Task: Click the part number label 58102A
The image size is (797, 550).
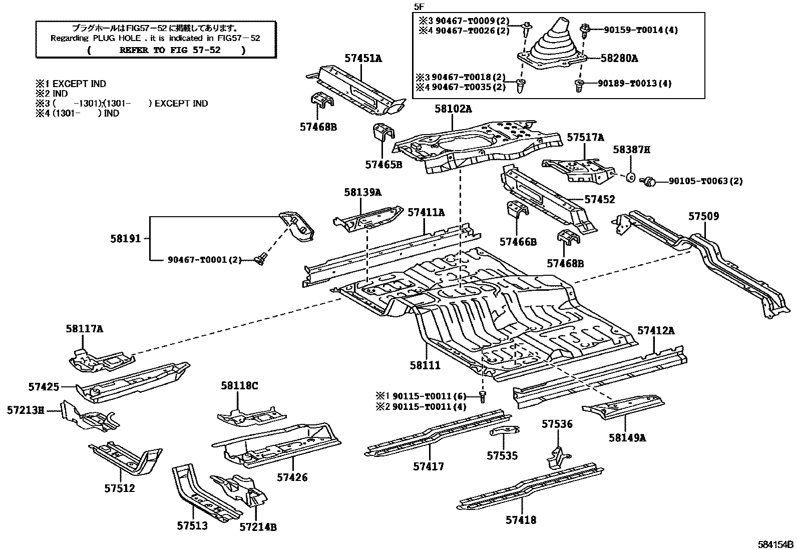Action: pos(453,109)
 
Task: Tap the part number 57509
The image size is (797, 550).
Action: pos(703,216)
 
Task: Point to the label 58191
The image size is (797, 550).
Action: pos(126,239)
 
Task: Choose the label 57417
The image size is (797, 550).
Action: pos(429,466)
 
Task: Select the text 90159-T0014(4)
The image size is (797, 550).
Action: pos(637,30)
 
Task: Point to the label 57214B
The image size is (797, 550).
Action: pos(258,526)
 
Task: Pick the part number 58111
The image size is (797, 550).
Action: pos(425,365)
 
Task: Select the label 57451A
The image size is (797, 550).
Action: pos(363,59)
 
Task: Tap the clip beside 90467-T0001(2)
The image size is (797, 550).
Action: pos(259,259)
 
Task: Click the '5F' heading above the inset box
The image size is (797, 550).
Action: pos(419,6)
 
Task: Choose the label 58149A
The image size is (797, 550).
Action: pos(627,438)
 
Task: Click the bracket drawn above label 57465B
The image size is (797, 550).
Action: pos(383,134)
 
